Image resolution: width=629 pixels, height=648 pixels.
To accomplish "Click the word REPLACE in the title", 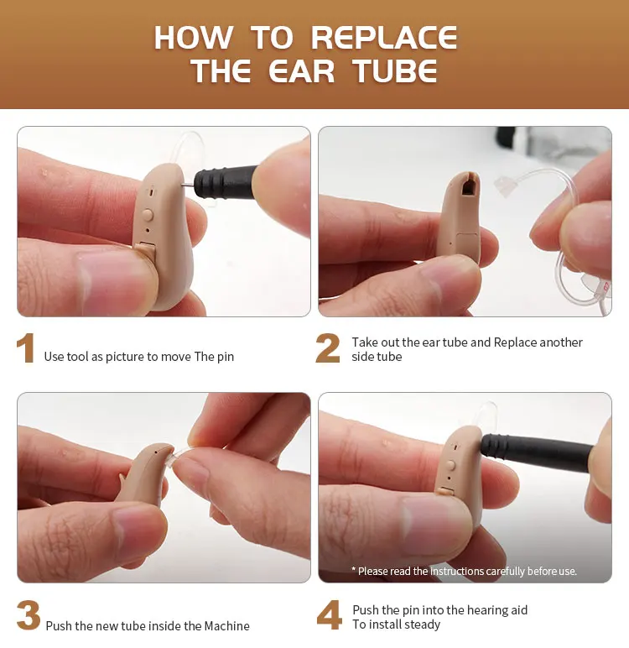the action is point(384,38).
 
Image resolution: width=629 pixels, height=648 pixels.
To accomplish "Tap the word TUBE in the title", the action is point(395,71).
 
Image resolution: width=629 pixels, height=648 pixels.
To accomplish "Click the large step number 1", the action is point(26,348).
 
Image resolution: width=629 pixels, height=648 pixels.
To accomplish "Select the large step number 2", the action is point(328,348).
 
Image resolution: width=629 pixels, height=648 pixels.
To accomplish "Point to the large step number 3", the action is point(29,615).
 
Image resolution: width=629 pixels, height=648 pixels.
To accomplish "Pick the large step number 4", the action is point(330,615).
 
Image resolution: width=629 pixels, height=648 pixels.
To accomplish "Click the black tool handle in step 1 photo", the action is point(225,181).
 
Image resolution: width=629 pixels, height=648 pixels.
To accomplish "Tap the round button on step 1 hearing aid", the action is point(148,215).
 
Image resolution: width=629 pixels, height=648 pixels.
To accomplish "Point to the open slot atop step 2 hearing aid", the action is point(469,187).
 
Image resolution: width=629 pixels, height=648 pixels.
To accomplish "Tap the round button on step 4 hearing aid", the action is point(450,466).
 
